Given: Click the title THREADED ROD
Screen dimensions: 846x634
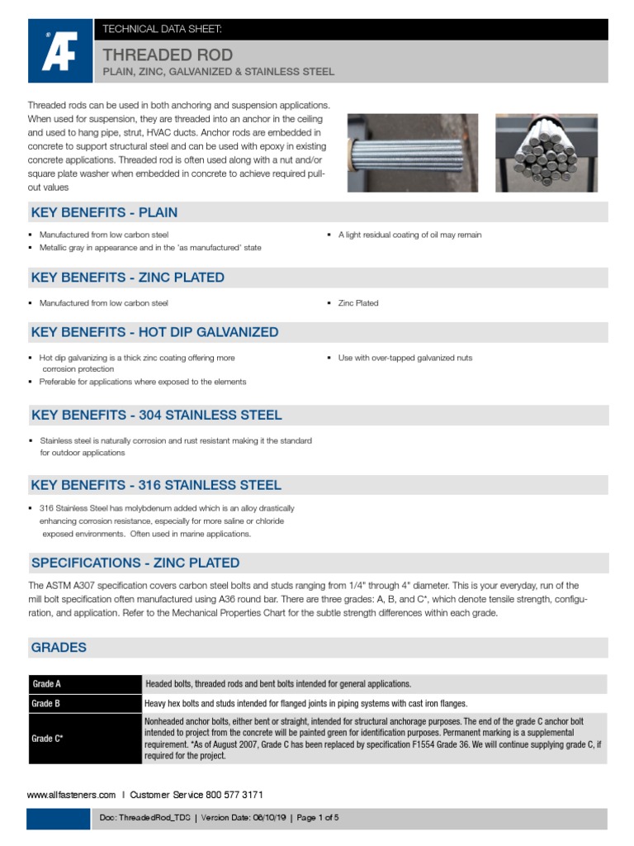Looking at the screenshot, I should pos(167,55).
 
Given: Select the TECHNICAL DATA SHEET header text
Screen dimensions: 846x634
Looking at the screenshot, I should pos(161,29).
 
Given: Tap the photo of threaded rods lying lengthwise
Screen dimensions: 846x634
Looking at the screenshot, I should pos(412,153).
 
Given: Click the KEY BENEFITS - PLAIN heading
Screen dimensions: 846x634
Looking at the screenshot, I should pos(104,212).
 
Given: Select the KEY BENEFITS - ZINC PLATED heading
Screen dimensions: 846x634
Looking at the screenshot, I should pos(127,278).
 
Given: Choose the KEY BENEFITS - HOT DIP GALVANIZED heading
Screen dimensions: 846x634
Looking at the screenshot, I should pos(154,332).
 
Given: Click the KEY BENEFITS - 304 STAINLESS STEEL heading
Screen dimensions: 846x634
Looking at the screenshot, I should pos(156,415).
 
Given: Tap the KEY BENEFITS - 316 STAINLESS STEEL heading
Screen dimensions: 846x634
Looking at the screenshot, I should pos(156,485).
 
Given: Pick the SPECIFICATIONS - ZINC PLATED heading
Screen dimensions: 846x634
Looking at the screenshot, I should pos(135,563).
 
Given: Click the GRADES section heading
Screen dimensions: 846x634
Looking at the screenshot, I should pos(59,648).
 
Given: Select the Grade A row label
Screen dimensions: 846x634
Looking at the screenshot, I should pos(46,684).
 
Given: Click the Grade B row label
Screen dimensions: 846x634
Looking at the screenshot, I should pos(46,704).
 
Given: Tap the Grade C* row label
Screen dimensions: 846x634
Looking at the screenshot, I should pos(48,738).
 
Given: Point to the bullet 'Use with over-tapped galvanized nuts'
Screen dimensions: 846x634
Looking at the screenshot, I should pos(405,358).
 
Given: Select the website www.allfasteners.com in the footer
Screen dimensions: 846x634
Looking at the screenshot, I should pos(71,795).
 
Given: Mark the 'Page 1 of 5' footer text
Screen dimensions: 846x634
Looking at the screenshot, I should pos(318,818).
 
